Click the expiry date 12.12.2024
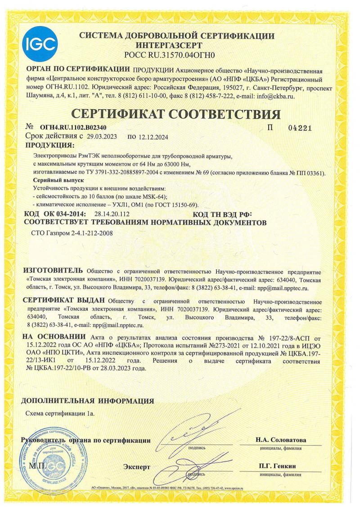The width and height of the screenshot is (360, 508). [x=155, y=137]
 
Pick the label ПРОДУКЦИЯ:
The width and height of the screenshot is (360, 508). [x=50, y=145]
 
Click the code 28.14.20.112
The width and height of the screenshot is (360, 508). [x=112, y=214]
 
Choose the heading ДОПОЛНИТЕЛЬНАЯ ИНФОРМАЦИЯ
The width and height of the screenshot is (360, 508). [x=88, y=401]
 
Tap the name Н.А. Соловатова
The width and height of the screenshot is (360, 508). [x=281, y=440]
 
